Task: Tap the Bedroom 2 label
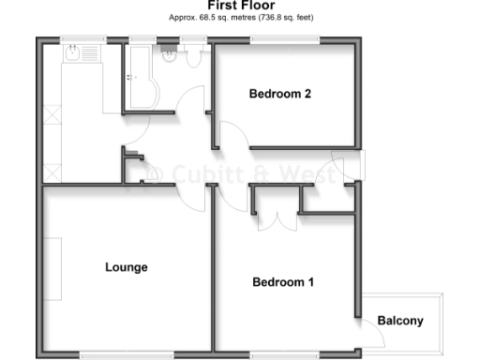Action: [x=279, y=93]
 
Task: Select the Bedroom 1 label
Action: [x=283, y=282]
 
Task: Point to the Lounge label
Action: [x=126, y=267]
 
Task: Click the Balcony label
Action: [x=400, y=321]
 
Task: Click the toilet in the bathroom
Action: [x=194, y=58]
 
